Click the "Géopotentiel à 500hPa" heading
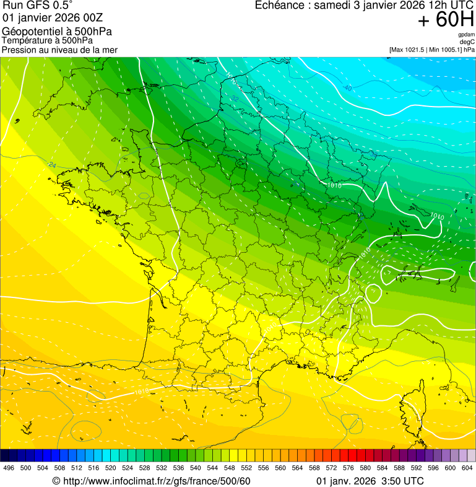57,32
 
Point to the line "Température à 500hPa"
47,41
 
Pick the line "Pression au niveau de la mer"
59,50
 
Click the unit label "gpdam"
466,35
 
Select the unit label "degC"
467,42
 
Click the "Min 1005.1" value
444,50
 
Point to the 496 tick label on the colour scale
8,468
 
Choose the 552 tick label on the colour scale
246,468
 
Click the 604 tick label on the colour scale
467,468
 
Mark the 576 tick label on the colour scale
348,468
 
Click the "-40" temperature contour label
348,89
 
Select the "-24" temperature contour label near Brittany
52,165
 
